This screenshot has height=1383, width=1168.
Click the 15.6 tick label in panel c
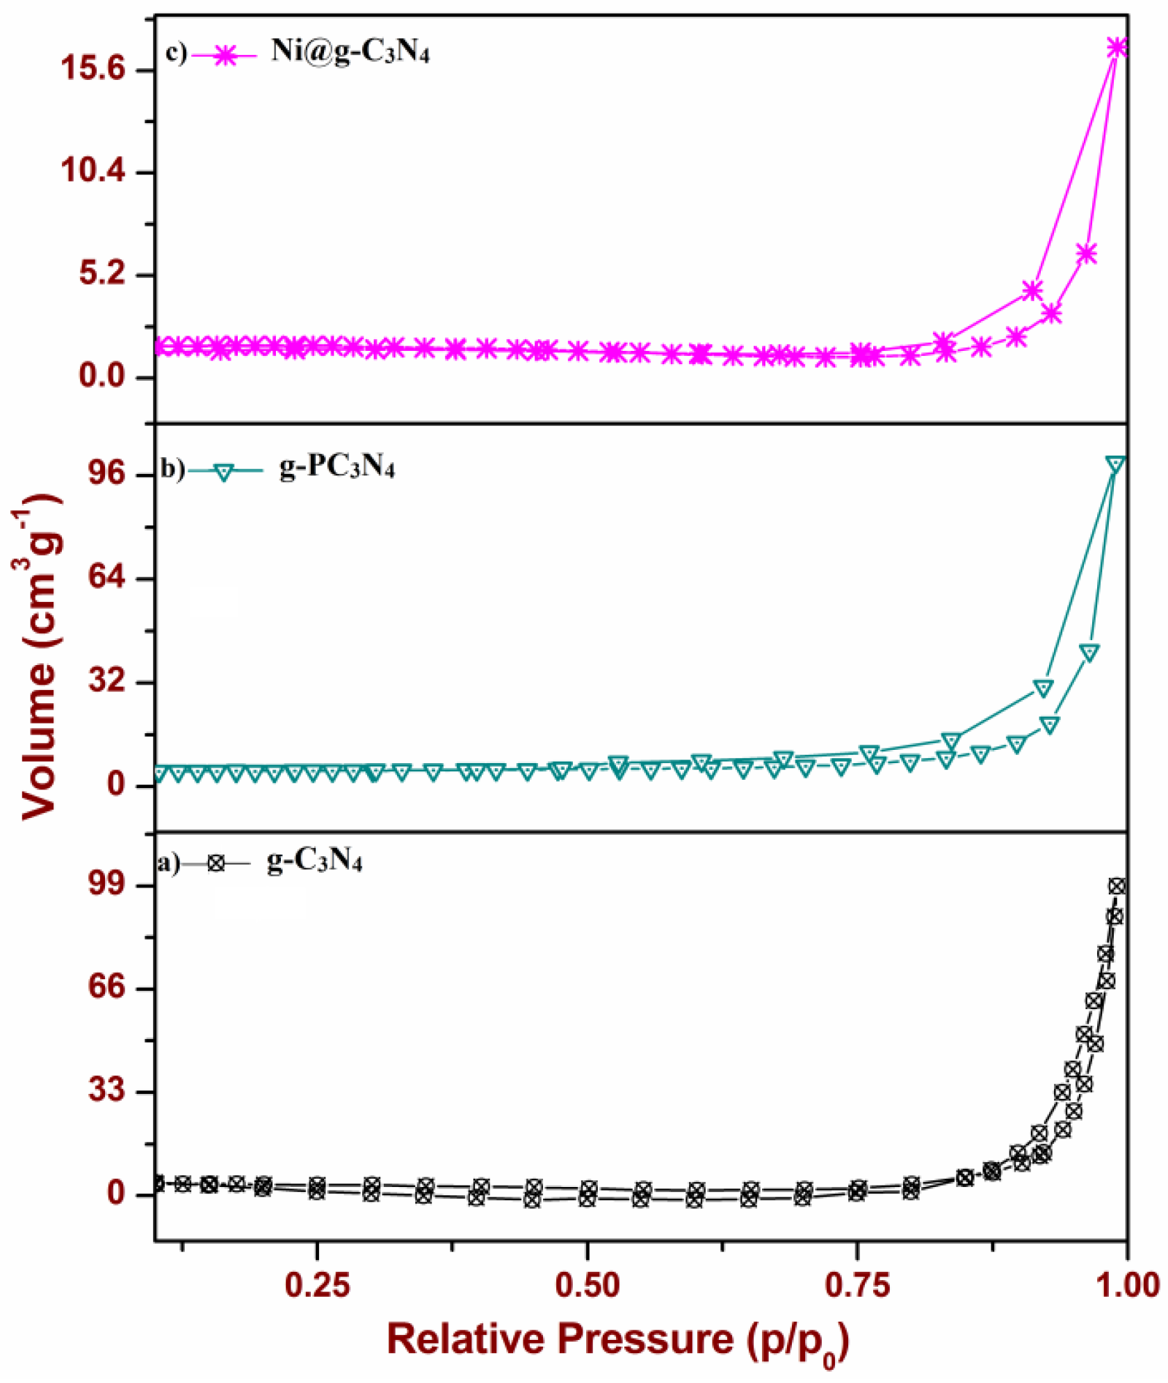(x=93, y=69)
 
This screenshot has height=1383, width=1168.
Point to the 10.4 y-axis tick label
(x=93, y=172)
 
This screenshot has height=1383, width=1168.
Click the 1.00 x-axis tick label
(x=1126, y=1286)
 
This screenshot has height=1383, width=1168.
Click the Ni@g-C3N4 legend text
(x=350, y=52)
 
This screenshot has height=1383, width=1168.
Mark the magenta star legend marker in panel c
(x=224, y=56)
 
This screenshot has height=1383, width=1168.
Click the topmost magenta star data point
(x=1117, y=47)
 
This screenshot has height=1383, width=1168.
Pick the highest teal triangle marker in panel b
(x=1115, y=464)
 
